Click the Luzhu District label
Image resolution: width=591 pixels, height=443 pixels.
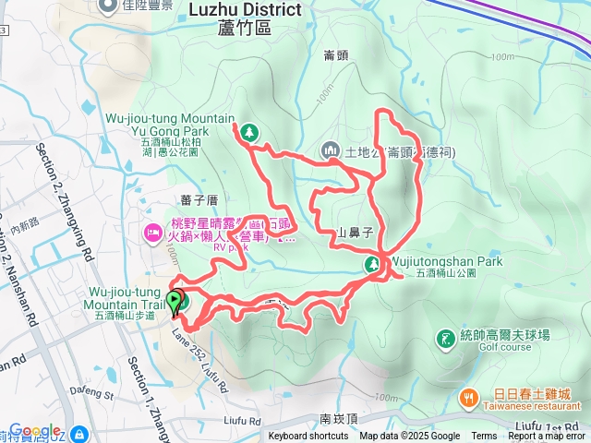click(245, 9)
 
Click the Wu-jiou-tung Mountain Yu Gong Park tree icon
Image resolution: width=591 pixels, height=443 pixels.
click(248, 134)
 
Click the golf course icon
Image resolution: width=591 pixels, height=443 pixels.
click(445, 339)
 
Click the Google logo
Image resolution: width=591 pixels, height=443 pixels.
click(35, 431)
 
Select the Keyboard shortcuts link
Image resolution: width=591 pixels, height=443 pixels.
click(308, 437)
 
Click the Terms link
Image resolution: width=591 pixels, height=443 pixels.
click(484, 437)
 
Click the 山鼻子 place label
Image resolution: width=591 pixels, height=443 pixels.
click(356, 233)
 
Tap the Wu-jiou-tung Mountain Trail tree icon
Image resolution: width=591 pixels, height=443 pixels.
click(183, 301)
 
